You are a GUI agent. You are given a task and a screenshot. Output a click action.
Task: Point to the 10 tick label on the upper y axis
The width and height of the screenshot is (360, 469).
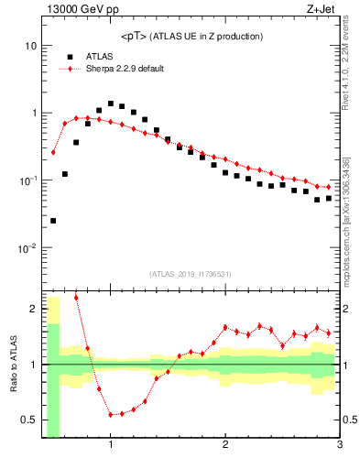[30, 46]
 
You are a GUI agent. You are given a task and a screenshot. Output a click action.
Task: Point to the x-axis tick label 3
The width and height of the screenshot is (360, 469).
[340, 446]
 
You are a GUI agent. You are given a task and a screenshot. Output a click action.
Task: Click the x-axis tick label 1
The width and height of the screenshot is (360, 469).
[111, 446]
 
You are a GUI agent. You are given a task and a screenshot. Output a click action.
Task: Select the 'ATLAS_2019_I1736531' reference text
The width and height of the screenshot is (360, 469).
[191, 274]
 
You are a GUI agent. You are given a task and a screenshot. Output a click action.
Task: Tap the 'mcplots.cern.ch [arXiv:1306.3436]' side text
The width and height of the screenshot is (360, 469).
[351, 210]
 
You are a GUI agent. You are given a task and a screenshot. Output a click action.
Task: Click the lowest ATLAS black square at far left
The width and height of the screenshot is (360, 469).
[53, 221]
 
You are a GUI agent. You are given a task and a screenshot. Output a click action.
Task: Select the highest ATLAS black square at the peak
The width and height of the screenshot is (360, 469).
[111, 104]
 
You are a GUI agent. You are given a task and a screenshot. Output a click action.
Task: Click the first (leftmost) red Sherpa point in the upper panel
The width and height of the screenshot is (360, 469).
[53, 152]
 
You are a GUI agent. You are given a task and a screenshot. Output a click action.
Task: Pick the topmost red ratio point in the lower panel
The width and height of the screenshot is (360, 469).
[76, 298]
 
